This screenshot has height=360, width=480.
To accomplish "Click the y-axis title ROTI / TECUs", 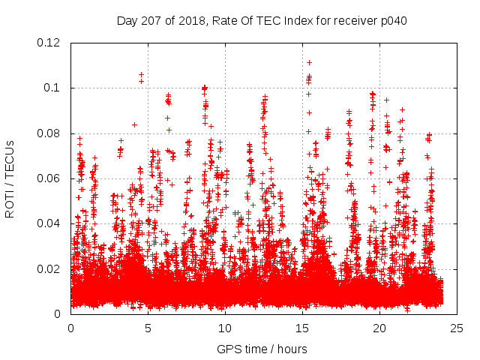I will point(10,178).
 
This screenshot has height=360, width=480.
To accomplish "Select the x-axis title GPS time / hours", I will point(262,349).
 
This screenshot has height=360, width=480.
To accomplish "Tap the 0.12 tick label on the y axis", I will point(49,43).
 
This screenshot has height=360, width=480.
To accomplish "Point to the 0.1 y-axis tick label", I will point(52,88).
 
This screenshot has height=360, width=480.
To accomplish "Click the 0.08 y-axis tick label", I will point(49,133).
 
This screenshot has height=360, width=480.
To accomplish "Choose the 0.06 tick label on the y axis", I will point(49,178).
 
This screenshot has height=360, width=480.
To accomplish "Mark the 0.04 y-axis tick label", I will point(49,223).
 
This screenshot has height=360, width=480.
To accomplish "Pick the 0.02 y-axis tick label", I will point(49,268).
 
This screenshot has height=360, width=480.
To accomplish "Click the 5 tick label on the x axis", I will point(148,328).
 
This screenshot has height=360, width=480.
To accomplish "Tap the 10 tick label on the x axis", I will point(225,328).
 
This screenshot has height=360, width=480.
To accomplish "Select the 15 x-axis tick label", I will point(302,328).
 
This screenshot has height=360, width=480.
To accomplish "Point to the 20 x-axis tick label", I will point(379,328).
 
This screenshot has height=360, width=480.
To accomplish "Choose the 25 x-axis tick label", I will point(457,328).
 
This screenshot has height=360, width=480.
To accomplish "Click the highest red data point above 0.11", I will point(309,62).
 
